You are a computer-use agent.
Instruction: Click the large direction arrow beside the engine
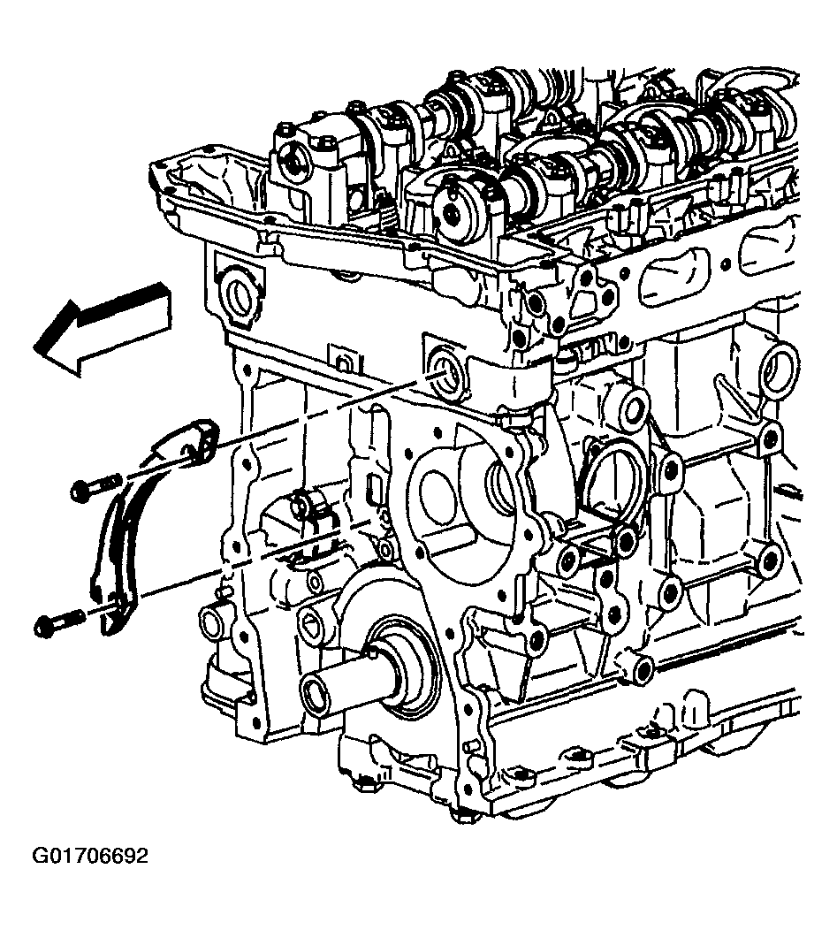(x=101, y=328)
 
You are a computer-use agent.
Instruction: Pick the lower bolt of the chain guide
(x=61, y=621)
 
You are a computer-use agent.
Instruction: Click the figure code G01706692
(x=89, y=857)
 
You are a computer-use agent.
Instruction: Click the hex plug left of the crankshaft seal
(x=311, y=622)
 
